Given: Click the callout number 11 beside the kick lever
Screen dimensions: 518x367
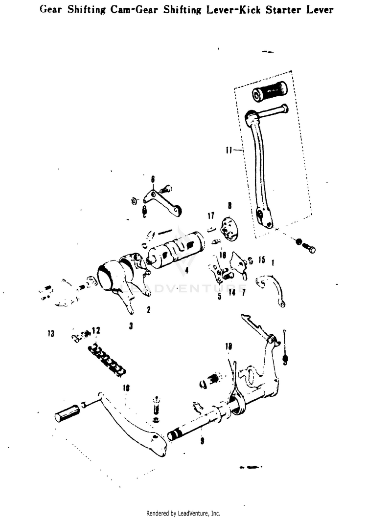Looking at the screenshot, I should pos(229,151).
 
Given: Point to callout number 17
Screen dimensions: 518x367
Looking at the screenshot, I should pos(210,216).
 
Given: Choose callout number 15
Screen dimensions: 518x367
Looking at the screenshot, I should pos(261,259).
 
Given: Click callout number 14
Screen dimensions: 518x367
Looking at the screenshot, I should pos(231,292).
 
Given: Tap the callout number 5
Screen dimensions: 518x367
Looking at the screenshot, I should pos(219,296).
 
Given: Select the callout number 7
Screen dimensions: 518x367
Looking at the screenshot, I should pos(243,292).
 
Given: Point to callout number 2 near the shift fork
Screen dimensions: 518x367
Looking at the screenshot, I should pos(148,310).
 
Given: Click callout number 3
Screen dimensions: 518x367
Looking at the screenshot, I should pos(131,325).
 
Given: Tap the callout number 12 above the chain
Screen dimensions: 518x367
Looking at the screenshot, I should pos(95,331).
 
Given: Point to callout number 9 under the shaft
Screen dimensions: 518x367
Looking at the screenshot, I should pos(202,441).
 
